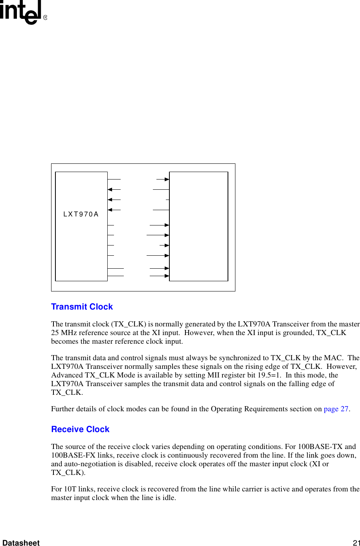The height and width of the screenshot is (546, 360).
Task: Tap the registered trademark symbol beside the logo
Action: pos(45,18)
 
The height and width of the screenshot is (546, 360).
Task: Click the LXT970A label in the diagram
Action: pos(81,214)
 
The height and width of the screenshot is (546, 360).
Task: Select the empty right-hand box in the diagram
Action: pos(198,226)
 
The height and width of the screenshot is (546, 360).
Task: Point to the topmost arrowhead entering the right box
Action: pos(167,179)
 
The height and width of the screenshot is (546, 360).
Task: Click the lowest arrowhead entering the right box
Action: pos(167,276)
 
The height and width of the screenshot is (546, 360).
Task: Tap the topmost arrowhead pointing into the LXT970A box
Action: pos(110,179)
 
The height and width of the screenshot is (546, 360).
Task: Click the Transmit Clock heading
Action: pos(82,307)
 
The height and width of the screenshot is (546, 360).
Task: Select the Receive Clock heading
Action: pos(80,429)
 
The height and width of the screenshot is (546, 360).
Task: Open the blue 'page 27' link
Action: pos(336,409)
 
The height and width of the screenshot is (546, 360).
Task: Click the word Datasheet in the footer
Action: pos(21,542)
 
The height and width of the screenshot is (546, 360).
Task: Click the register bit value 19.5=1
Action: pos(269,375)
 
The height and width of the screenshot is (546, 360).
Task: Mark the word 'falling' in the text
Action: pos(289,384)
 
